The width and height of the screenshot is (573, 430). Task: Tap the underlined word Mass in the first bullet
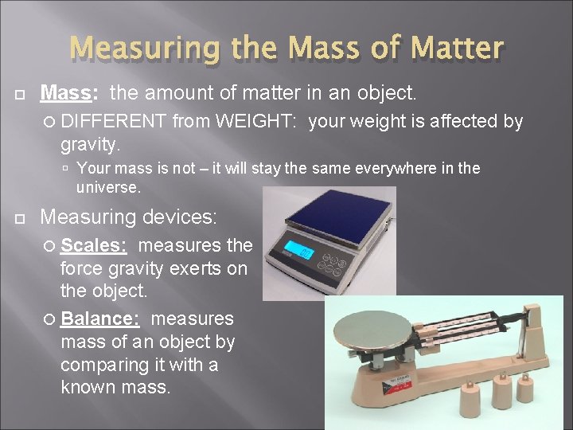click(x=67, y=94)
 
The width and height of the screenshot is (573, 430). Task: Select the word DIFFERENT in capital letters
click(x=114, y=122)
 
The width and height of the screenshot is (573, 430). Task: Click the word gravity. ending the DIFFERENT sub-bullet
click(x=91, y=145)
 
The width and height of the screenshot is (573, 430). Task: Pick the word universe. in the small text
click(x=108, y=188)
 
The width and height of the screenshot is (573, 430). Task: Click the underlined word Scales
click(x=93, y=245)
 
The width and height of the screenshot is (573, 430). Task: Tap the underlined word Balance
click(x=100, y=319)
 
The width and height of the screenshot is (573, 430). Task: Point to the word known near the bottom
click(x=88, y=389)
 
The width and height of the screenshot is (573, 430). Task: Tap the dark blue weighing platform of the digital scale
click(x=339, y=213)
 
